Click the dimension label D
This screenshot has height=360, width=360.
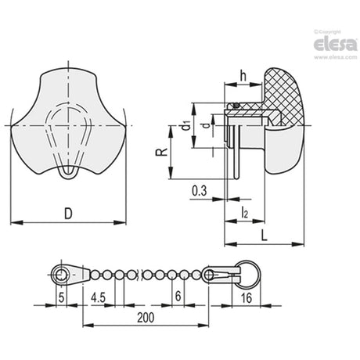(x=68, y=214)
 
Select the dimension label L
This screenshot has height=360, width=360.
(x=265, y=236)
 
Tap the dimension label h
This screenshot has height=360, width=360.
(x=243, y=76)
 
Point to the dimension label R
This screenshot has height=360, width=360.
(x=162, y=152)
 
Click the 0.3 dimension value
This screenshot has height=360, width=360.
(x=200, y=191)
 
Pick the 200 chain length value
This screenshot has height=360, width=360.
(x=146, y=318)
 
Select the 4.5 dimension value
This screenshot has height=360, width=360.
(x=98, y=297)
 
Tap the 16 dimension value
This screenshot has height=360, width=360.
(x=247, y=297)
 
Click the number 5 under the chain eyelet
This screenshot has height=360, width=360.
(x=61, y=297)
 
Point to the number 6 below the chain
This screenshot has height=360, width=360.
(x=178, y=296)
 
